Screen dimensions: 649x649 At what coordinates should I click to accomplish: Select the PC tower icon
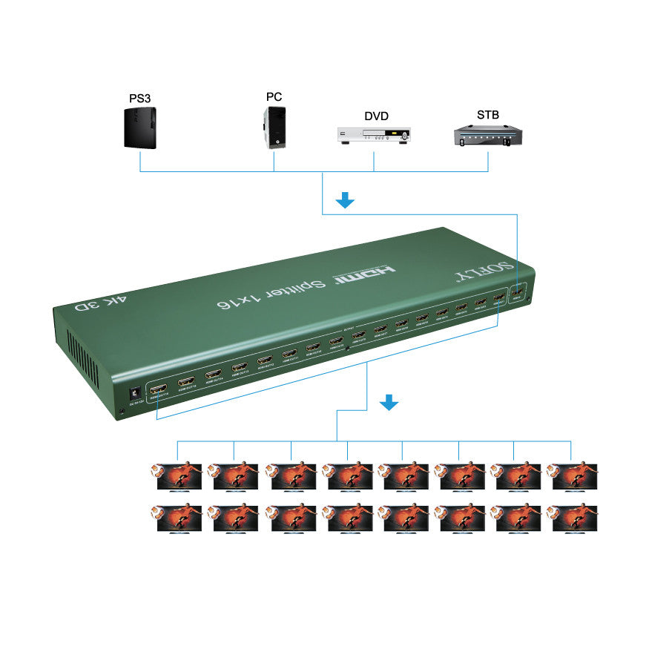[x=274, y=128]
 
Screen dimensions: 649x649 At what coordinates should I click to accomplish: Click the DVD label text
[x=376, y=116]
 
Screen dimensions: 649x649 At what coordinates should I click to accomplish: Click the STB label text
[x=488, y=114]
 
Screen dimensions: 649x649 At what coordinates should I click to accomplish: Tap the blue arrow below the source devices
[x=346, y=200]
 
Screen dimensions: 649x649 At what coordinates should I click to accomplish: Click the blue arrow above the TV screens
[x=389, y=402]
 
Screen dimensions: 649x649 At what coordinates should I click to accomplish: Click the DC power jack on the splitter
[x=136, y=394]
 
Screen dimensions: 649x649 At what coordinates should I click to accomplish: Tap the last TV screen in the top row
[x=573, y=476]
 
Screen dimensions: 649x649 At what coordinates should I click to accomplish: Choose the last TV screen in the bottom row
[x=573, y=518]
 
